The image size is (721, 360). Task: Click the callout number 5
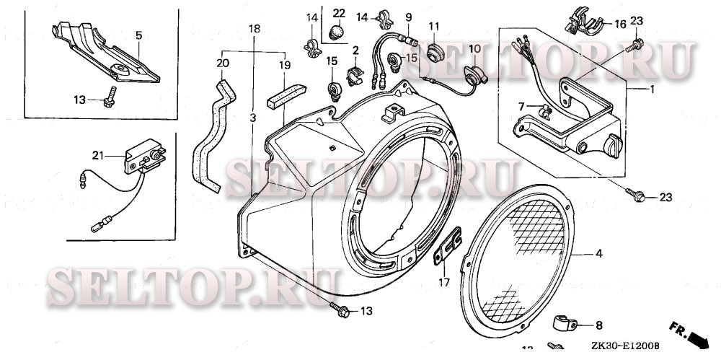coord(139,35)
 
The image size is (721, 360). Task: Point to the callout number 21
coord(98,154)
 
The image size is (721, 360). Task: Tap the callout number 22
coord(339,14)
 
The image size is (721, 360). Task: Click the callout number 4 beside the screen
coord(598,254)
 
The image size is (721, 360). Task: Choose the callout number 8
coord(598,326)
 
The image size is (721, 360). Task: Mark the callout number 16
coord(620,24)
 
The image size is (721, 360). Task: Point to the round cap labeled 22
coord(337,32)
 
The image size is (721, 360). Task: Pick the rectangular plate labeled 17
coord(448,245)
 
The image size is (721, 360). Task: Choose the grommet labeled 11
coord(435,51)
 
